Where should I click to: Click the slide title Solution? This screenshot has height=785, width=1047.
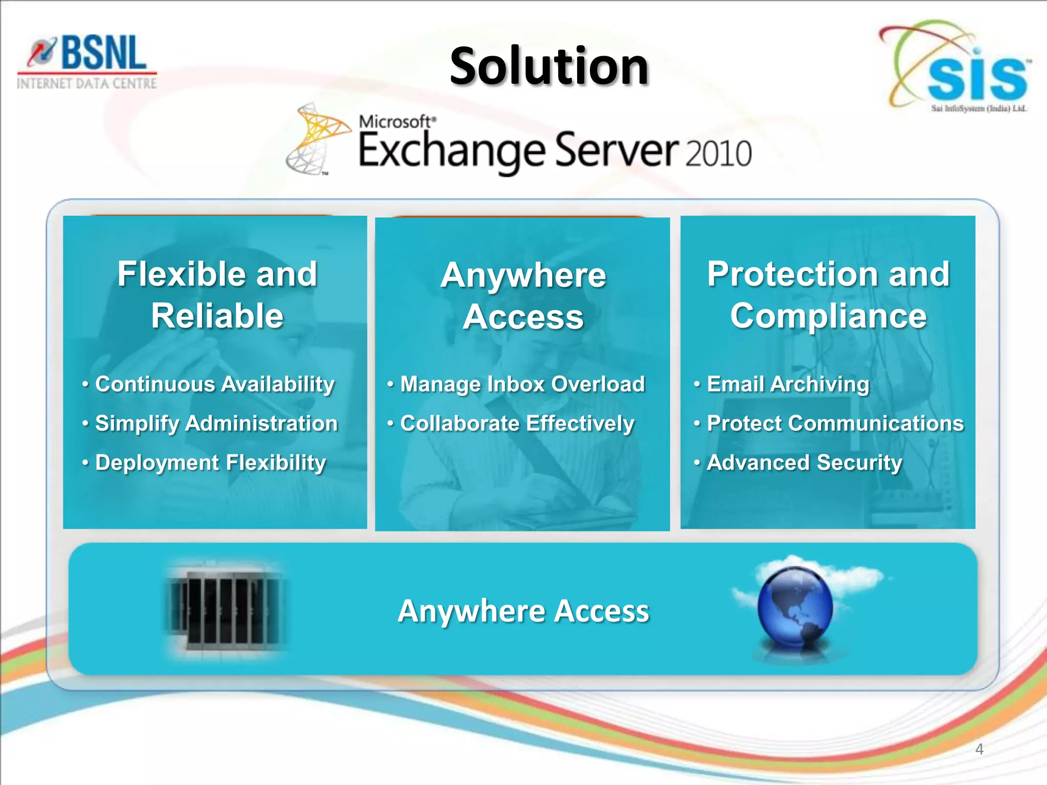[549, 66]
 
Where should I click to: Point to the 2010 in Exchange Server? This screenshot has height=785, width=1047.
[718, 153]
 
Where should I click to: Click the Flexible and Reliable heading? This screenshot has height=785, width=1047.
[217, 294]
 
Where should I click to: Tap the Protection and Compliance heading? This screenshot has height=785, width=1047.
[828, 294]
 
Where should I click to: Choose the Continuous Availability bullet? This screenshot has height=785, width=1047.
[215, 384]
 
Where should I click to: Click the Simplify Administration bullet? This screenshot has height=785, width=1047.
[216, 424]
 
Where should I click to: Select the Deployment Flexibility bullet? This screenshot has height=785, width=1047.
[210, 463]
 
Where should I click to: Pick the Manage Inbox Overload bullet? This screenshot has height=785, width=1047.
[522, 384]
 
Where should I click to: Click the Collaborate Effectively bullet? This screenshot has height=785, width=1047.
[517, 424]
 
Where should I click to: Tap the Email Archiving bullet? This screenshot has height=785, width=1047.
[787, 384]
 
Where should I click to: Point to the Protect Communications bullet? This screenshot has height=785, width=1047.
[835, 424]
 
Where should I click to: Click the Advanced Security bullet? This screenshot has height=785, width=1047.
[804, 463]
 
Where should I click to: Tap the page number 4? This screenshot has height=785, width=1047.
[979, 749]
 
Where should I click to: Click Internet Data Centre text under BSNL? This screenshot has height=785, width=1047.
[87, 83]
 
